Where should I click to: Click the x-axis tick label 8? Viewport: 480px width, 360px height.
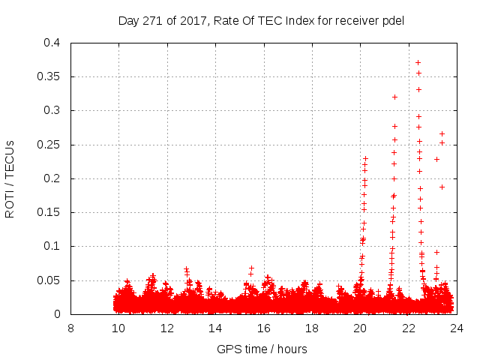tap(70, 328)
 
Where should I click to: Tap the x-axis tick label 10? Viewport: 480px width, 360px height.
tap(118, 328)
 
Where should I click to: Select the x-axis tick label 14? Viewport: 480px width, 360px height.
tap(215, 328)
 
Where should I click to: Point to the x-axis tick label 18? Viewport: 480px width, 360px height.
tap(312, 328)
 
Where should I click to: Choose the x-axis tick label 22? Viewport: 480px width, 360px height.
tap(409, 328)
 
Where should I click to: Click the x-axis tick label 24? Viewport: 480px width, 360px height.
tap(457, 328)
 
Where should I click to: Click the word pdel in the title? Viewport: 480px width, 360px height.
tap(393, 21)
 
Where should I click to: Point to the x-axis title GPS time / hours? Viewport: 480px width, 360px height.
tap(262, 349)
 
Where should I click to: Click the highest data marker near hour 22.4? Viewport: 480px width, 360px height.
tap(418, 62)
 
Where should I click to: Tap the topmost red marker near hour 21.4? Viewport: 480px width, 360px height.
tap(394, 97)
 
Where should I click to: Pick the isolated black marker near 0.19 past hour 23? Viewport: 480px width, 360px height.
tap(442, 187)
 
